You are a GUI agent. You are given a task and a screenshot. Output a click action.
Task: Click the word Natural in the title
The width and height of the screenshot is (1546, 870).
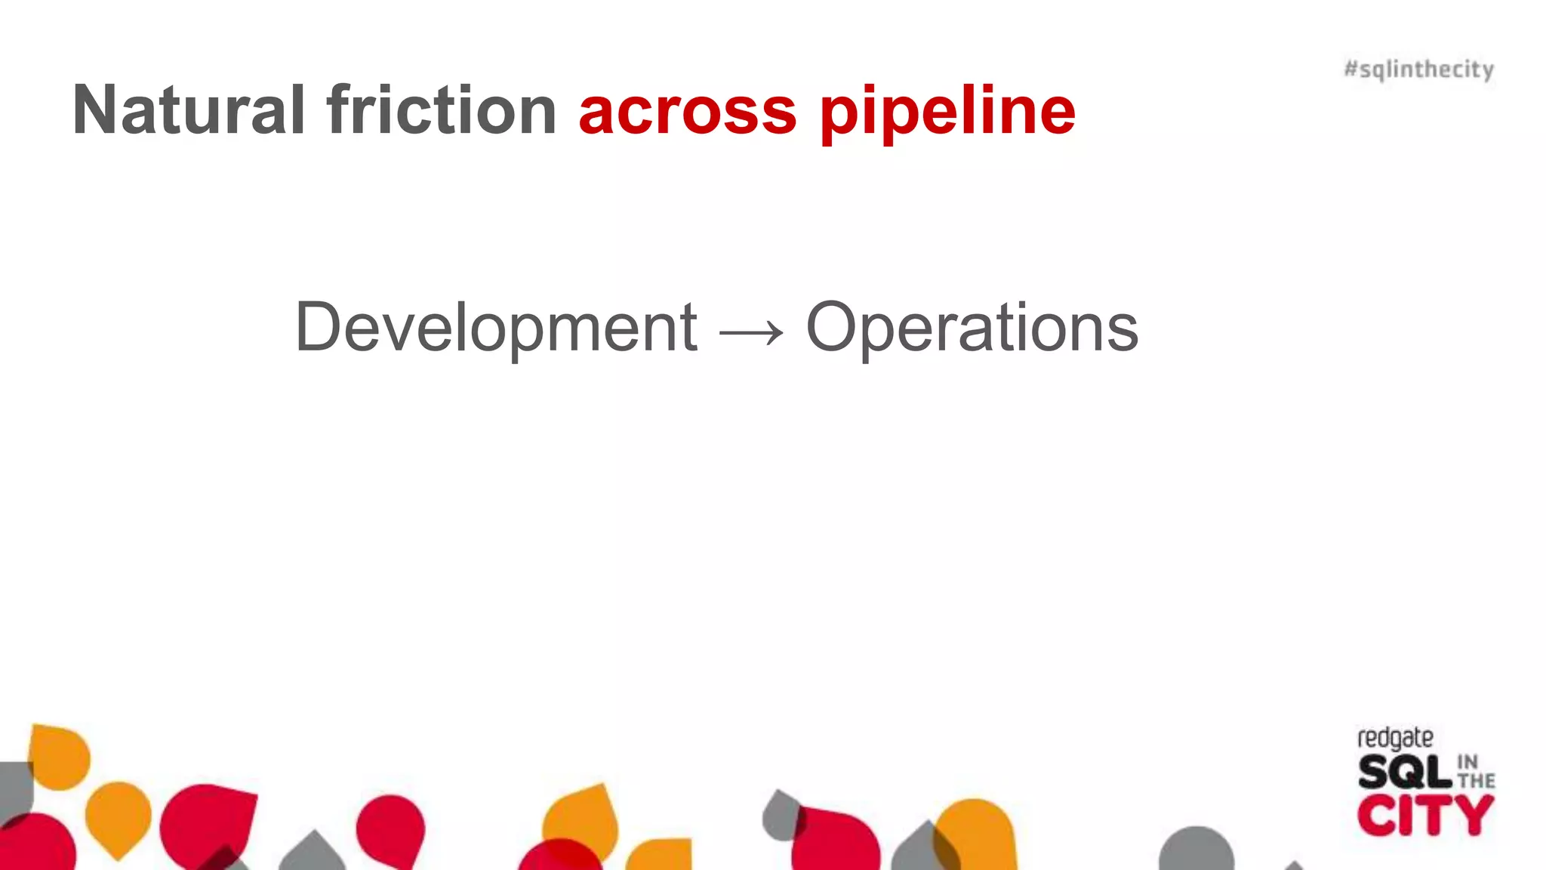(188, 110)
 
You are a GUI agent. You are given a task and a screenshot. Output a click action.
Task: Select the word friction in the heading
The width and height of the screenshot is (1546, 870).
(442, 110)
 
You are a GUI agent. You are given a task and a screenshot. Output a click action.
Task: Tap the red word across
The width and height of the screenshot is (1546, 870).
(687, 112)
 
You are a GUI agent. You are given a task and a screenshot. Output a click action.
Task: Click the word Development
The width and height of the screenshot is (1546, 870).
(496, 328)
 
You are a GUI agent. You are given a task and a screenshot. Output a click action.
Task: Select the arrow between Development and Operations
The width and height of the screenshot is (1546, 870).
(752, 331)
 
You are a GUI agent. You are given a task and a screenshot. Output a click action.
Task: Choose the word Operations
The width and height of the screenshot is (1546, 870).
(972, 328)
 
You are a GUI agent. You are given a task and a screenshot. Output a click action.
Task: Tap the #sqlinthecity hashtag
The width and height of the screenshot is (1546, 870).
(1418, 69)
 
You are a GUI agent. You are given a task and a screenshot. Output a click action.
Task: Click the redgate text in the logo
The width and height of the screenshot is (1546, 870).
(1395, 738)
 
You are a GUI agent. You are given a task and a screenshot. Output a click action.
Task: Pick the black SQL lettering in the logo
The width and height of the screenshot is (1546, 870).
(1405, 772)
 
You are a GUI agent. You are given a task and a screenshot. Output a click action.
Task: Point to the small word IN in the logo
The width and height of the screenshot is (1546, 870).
(1467, 761)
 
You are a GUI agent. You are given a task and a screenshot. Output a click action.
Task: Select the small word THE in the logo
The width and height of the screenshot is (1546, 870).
(1476, 781)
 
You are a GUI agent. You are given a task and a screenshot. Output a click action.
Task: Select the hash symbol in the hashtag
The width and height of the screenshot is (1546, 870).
(1351, 69)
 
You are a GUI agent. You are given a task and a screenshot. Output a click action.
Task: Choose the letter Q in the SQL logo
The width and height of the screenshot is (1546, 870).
(1406, 773)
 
